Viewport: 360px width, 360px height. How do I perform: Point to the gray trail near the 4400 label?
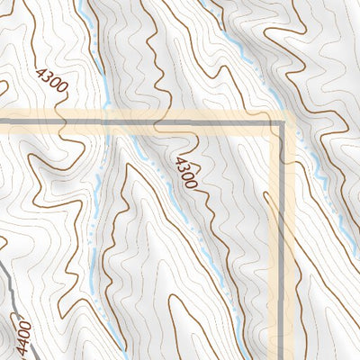click(8, 288)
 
